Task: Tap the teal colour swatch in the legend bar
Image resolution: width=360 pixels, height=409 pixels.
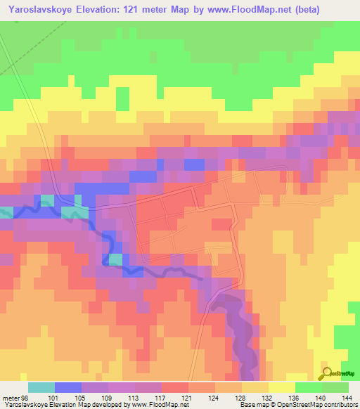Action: (x=41, y=387)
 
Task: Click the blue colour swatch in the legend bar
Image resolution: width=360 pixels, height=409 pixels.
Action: (x=68, y=387)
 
